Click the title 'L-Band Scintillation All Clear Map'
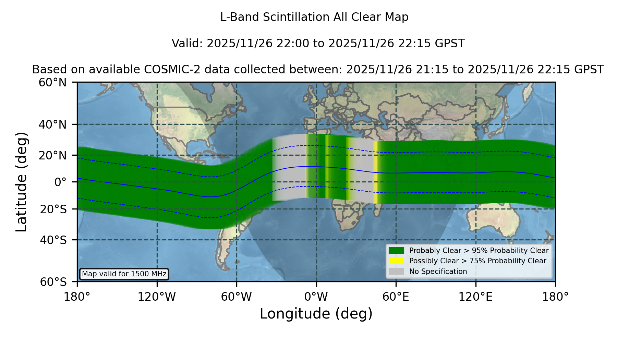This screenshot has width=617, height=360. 314,17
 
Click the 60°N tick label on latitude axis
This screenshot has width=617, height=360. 52,83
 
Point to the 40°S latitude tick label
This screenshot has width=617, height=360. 53,240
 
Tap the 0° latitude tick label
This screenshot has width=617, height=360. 60,182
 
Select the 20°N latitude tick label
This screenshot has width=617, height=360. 52,156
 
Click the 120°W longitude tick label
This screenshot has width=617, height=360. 157,297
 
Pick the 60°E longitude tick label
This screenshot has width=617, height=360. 396,297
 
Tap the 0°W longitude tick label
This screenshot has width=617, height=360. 316,297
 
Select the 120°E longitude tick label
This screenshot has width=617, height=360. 475,297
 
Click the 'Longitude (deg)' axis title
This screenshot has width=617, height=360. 316,314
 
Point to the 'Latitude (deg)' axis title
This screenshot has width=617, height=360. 21,182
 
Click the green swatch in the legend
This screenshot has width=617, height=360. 397,251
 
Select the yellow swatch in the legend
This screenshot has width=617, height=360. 397,261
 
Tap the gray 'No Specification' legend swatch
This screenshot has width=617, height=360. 397,272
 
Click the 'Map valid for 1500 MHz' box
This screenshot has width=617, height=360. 124,274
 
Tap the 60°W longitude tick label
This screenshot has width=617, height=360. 237,297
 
